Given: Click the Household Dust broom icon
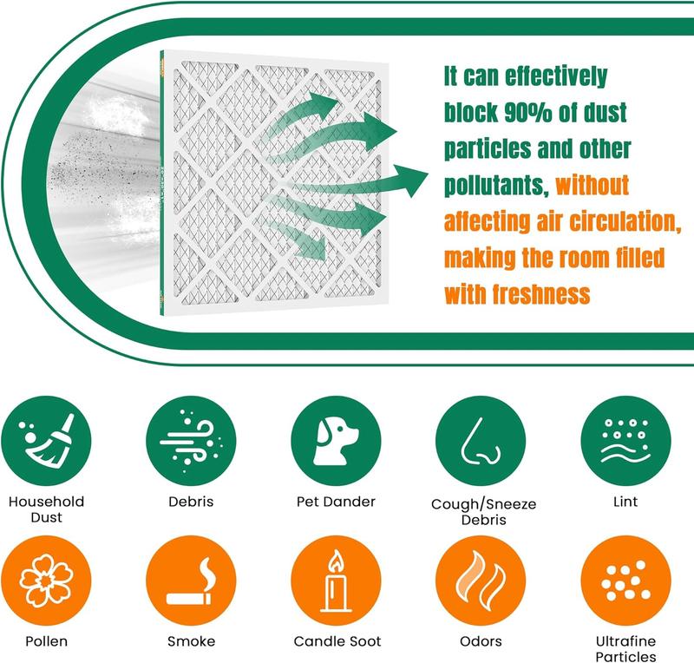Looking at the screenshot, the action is pyautogui.click(x=46, y=441).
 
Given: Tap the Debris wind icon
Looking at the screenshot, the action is pyautogui.click(x=191, y=441).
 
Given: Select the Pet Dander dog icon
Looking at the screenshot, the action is pyautogui.click(x=336, y=441).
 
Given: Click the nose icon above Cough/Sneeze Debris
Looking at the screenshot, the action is pyautogui.click(x=481, y=441).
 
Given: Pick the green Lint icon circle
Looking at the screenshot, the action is pyautogui.click(x=625, y=441).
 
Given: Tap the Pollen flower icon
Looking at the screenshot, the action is pyautogui.click(x=46, y=581).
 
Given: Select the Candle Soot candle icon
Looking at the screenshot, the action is pyautogui.click(x=336, y=581).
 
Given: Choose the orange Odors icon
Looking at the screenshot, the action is pyautogui.click(x=481, y=581).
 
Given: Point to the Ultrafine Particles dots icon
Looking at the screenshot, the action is pyautogui.click(x=625, y=581).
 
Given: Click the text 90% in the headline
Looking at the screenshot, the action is pyautogui.click(x=528, y=113).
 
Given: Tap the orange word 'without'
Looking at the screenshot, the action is pyautogui.click(x=593, y=185).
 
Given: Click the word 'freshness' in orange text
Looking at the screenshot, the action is pyautogui.click(x=541, y=294).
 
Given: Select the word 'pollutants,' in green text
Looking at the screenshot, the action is pyautogui.click(x=496, y=186).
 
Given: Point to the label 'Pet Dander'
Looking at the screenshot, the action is pyautogui.click(x=336, y=502).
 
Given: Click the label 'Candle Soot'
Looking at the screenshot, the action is pyautogui.click(x=337, y=641).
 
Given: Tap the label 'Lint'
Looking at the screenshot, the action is pyautogui.click(x=625, y=502).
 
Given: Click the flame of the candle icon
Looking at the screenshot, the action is pyautogui.click(x=336, y=561).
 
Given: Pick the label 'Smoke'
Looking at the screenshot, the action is pyautogui.click(x=191, y=641).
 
